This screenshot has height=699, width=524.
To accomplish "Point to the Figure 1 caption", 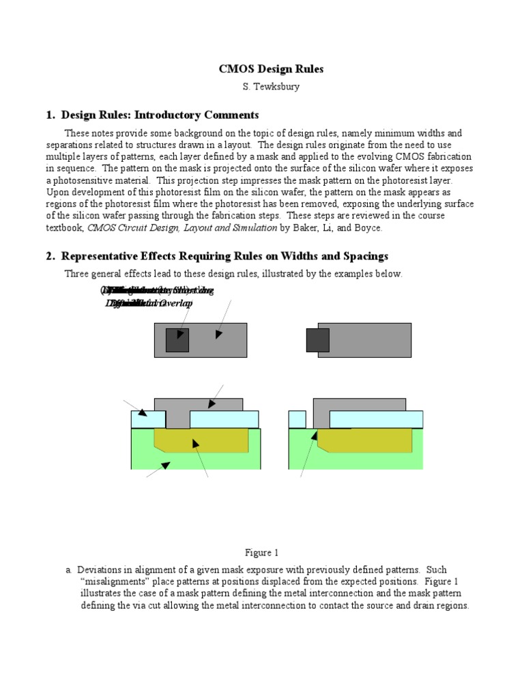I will pos(262,552).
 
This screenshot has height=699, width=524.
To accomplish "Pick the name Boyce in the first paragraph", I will pos(368,228).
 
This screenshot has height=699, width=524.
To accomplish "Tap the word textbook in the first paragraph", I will pos(65,228).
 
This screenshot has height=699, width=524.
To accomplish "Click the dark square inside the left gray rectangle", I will pos(177,339).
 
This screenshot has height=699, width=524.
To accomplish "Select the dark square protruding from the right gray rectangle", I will pos(317,339).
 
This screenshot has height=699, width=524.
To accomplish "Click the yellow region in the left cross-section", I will pos(201,441).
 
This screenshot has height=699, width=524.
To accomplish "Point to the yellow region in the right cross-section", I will pos(365,441).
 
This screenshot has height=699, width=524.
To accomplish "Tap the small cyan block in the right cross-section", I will pos(297,418).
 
